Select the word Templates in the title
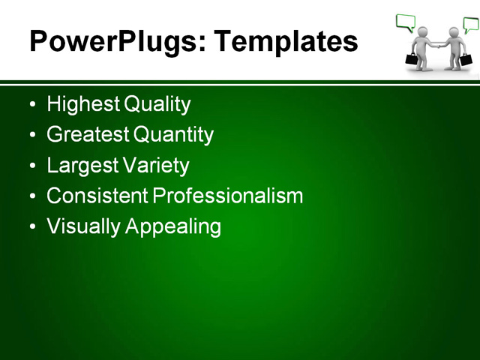click(286, 41)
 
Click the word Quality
click(157, 104)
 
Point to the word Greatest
click(87, 135)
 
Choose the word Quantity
click(173, 135)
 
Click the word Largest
click(81, 165)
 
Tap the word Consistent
click(97, 196)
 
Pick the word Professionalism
click(228, 196)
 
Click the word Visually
click(83, 226)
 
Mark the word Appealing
click(173, 226)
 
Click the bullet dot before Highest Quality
click(31, 105)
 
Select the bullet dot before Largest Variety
click(31, 166)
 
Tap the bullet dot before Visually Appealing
click(31, 226)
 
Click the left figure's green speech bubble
click(406, 22)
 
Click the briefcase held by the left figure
click(412, 58)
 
